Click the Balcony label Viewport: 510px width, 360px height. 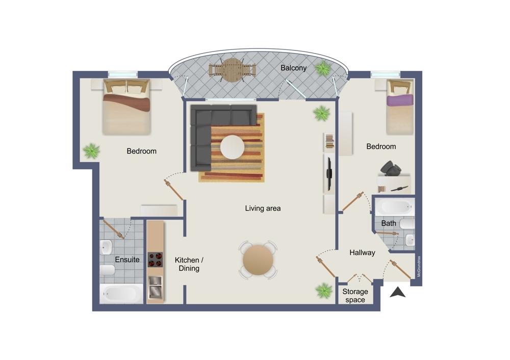click(x=293, y=68)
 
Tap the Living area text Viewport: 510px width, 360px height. click(x=263, y=209)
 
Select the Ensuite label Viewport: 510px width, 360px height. click(x=127, y=260)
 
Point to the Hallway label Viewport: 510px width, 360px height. click(x=362, y=253)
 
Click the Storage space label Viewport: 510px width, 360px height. click(x=355, y=296)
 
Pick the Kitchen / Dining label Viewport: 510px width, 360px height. click(x=189, y=264)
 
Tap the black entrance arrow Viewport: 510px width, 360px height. click(x=398, y=292)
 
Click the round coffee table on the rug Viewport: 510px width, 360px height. click(x=232, y=147)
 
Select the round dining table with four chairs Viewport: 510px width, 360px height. click(x=258, y=260)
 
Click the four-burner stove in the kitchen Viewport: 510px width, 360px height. click(x=155, y=260)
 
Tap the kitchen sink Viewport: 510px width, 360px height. click(x=156, y=288)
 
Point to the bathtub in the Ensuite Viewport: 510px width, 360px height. click(x=121, y=294)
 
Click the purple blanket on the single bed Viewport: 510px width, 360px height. click(x=400, y=99)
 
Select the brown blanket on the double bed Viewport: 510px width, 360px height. click(x=126, y=102)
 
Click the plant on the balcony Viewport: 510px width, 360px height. click(x=323, y=69)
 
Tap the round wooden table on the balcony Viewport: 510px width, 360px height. click(x=233, y=70)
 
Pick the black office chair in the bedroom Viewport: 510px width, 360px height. click(x=391, y=168)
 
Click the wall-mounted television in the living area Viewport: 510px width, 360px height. click(x=329, y=174)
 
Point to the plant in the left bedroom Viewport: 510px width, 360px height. click(x=91, y=151)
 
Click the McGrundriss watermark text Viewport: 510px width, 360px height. click(x=419, y=267)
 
